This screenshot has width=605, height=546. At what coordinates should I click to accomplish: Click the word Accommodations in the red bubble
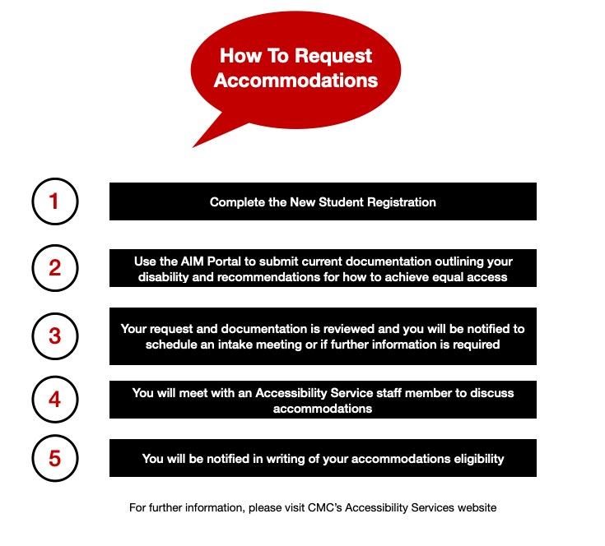click(296, 80)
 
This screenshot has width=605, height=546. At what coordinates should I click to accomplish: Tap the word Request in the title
click(333, 57)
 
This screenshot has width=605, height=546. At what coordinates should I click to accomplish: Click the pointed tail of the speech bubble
click(193, 147)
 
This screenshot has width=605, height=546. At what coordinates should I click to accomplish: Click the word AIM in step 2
click(192, 261)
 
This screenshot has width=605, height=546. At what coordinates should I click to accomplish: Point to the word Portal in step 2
click(224, 261)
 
